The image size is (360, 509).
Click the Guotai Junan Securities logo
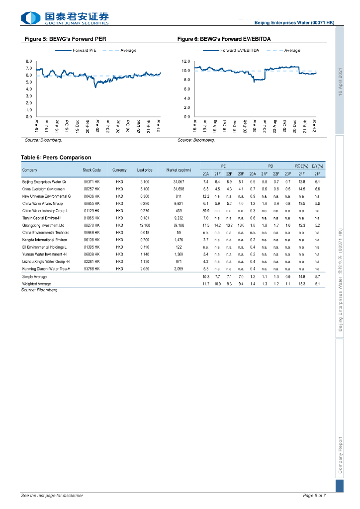tap(65, 18)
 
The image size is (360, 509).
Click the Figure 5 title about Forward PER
tap(65, 39)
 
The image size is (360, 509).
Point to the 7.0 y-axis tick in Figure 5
tap(29, 68)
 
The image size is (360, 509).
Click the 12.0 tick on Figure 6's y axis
tap(186, 61)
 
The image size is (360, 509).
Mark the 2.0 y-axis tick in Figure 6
tap(186, 107)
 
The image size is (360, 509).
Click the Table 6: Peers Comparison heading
tap(56, 157)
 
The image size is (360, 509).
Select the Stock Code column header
tap(91, 170)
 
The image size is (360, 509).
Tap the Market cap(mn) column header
tap(179, 170)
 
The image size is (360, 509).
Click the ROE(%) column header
tap(302, 166)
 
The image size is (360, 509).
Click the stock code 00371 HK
tap(91, 182)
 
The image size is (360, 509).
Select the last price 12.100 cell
tap(144, 225)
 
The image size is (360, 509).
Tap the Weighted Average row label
tap(36, 283)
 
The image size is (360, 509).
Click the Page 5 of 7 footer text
tap(314, 496)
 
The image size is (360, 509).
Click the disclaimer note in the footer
tap(52, 496)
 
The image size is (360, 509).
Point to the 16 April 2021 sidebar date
tap(341, 82)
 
